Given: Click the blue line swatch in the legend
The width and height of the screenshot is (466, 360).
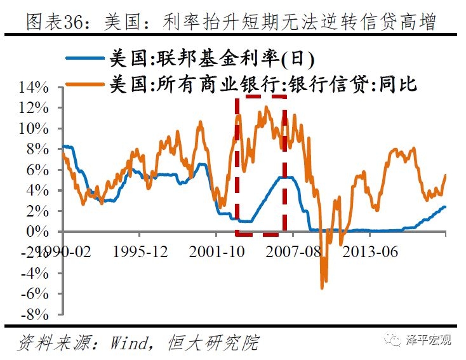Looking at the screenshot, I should pyautogui.click(x=84, y=59).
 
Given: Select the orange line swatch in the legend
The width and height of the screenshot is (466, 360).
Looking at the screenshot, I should pyautogui.click(x=84, y=83).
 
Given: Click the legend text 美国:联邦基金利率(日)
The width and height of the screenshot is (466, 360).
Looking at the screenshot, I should pyautogui.click(x=212, y=59).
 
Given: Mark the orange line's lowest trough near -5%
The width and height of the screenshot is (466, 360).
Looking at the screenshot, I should pyautogui.click(x=322, y=288).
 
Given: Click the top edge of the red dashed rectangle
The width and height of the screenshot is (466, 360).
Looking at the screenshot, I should pyautogui.click(x=260, y=97).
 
